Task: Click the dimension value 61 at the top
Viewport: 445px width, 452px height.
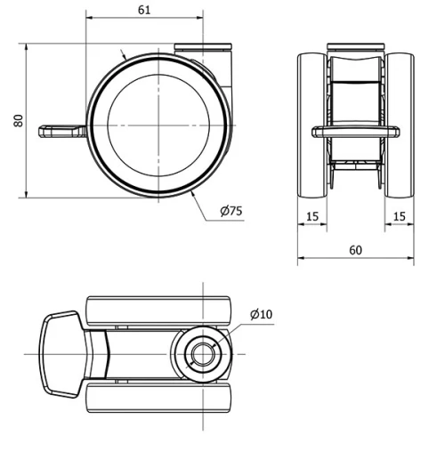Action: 145,10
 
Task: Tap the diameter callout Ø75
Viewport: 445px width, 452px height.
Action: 231,211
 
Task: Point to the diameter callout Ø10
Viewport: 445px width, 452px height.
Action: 262,314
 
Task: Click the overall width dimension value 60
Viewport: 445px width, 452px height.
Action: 355,250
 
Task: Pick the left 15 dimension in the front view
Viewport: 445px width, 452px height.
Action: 311,215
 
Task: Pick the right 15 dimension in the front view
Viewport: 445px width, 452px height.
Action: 399,215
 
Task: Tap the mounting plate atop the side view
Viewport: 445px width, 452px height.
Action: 203,48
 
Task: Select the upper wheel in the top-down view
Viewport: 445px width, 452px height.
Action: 160,311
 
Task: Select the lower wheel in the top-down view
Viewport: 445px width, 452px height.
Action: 160,398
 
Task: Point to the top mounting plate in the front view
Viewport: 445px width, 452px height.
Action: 355,46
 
